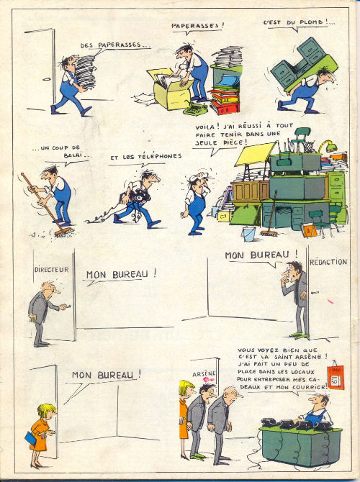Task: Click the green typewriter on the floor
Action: tap(195, 109)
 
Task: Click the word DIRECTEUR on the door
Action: tap(51, 270)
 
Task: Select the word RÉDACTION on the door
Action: tap(328, 262)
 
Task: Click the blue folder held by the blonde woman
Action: tap(31, 438)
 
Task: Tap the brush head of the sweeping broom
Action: tap(63, 232)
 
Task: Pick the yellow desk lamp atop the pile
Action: tap(328, 146)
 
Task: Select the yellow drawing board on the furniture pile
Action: tap(255, 154)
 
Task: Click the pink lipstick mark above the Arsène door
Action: tap(208, 381)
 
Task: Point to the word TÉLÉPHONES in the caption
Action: tap(160, 156)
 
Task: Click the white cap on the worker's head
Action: tap(197, 177)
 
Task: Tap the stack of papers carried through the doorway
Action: tap(86, 72)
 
